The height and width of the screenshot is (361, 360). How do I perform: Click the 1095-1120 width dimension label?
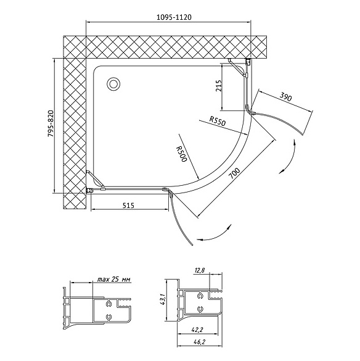click(x=174, y=17)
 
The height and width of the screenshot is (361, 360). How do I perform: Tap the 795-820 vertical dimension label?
click(x=51, y=127)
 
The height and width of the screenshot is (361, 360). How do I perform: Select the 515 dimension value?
click(x=128, y=205)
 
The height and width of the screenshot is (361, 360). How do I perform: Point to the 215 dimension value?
click(x=219, y=86)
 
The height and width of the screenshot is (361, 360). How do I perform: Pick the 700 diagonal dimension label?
click(x=234, y=173)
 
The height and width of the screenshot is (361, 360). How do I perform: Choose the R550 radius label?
click(x=218, y=120)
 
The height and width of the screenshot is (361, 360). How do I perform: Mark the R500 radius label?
click(x=181, y=154)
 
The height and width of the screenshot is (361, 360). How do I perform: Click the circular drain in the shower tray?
click(x=113, y=84)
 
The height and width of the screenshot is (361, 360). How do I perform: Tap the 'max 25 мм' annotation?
click(x=114, y=280)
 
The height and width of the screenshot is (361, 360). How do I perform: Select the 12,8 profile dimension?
click(x=200, y=270)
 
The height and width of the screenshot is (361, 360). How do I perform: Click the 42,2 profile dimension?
click(x=197, y=330)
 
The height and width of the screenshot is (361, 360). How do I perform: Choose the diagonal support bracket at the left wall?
click(x=96, y=180)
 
